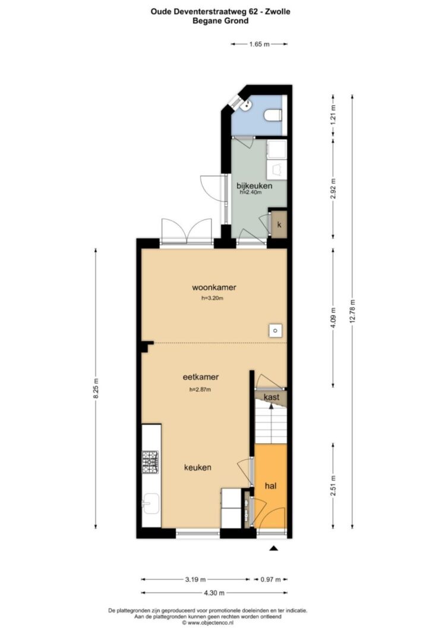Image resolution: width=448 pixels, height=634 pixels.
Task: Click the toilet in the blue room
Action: coord(273,115)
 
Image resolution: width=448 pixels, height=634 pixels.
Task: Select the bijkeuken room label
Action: coord(254,186)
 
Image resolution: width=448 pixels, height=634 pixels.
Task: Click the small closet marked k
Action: coord(279,225)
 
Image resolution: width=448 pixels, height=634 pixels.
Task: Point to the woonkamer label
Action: coord(214,288)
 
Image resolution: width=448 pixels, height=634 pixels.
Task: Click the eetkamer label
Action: coord(201,377)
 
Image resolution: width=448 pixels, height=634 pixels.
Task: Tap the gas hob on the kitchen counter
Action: coord(150,462)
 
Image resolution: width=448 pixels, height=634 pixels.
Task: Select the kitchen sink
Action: coord(150,504)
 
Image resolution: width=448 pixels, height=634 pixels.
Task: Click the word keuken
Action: coord(198,468)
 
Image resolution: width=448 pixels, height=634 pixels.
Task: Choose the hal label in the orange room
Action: coord(270,485)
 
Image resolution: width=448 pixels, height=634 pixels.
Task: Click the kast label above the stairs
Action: coord(272,397)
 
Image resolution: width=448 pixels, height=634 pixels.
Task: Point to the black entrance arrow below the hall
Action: coord(274,548)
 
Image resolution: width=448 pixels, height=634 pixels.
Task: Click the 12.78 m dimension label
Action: coord(352,311)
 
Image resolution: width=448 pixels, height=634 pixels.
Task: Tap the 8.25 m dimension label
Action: coord(96,389)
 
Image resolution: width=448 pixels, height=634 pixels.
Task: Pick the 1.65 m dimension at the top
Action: coord(259,44)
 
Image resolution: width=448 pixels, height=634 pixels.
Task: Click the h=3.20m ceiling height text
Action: coord(213,298)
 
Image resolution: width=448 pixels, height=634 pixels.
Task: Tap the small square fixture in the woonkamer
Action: coord(275,331)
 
